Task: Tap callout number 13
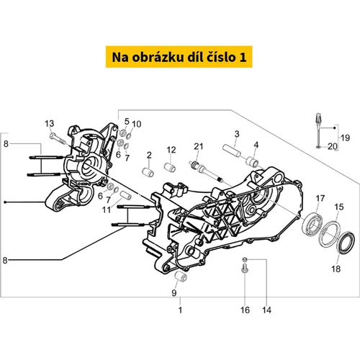click(x=50, y=124)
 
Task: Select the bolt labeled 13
click(x=58, y=139)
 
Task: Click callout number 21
click(x=199, y=146)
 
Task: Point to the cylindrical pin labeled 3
click(x=231, y=150)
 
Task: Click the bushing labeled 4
click(x=252, y=161)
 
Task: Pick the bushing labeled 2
click(x=148, y=172)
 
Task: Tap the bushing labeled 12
click(x=170, y=167)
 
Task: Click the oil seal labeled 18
click(x=346, y=243)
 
